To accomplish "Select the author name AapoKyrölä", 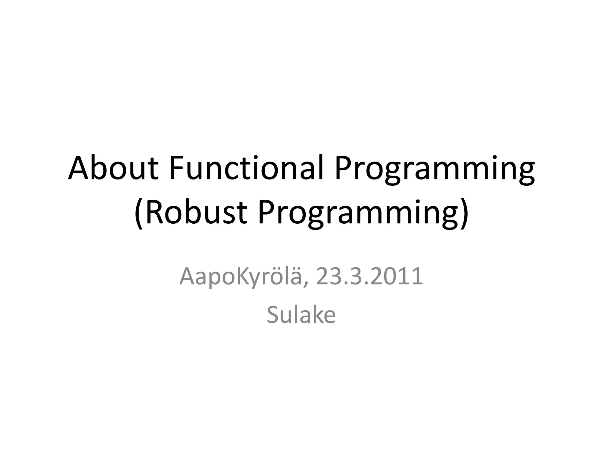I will tap(240, 277).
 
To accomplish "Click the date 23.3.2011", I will tap(370, 277).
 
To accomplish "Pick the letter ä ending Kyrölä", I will tap(297, 278).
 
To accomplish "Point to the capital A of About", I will tap(79, 168).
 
